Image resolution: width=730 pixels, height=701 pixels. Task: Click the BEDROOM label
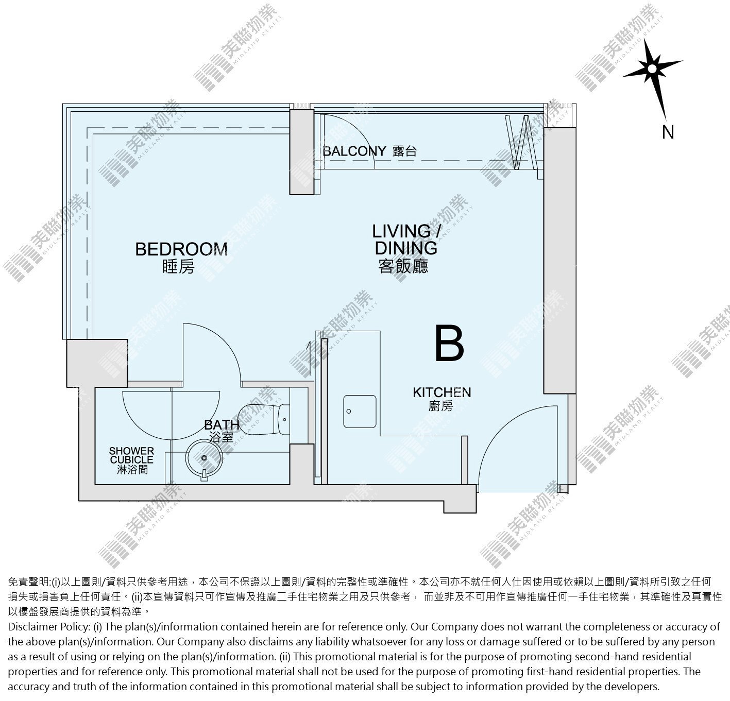click(181, 249)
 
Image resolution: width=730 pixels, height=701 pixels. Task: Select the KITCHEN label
click(442, 392)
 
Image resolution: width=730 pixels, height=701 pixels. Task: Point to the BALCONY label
click(354, 151)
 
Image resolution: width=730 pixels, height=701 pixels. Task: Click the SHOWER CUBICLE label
click(132, 455)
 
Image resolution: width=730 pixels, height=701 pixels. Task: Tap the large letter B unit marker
click(449, 343)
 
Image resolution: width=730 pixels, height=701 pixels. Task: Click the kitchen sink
click(360, 412)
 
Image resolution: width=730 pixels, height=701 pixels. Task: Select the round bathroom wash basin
click(204, 458)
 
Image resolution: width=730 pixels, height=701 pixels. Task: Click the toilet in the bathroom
click(263, 419)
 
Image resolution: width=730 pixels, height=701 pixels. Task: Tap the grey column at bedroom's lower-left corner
click(97, 363)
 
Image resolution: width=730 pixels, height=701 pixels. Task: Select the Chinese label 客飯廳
click(403, 267)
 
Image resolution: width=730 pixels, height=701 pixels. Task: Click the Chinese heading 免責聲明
click(28, 582)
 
